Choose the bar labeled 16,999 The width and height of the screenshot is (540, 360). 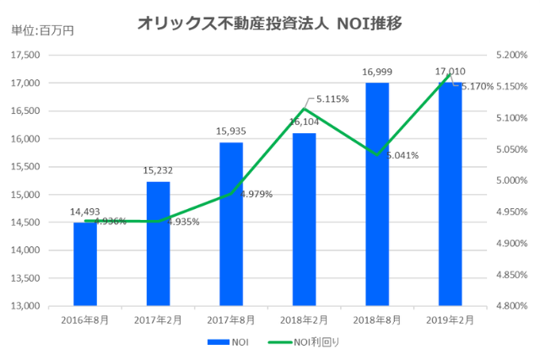(377, 194)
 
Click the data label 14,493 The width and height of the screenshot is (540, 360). (85, 211)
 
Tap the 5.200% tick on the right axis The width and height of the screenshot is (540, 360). (510, 55)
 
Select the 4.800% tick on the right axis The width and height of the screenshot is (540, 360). (510, 305)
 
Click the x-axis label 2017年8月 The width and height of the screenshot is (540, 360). (230, 320)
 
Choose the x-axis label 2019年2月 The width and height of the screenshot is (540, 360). (450, 320)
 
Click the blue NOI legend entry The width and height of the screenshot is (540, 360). (229, 342)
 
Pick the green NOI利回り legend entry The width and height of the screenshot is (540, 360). (304, 342)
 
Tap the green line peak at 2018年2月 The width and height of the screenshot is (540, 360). (304, 108)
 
